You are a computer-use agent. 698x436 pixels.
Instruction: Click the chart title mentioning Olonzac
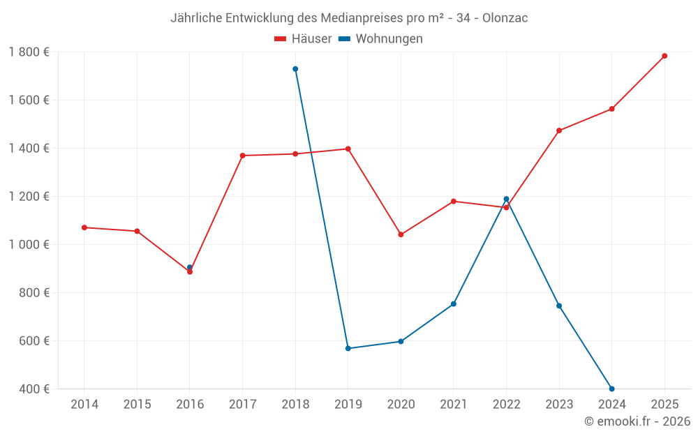click(x=349, y=18)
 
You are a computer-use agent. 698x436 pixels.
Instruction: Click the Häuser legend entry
click(x=303, y=39)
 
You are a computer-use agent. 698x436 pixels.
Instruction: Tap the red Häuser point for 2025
click(x=664, y=56)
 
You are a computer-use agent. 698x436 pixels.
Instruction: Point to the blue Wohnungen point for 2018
click(x=295, y=69)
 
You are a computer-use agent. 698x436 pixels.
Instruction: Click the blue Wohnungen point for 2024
click(x=611, y=389)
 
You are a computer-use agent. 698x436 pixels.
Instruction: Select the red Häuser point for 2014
click(x=84, y=227)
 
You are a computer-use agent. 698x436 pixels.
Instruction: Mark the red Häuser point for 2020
click(x=401, y=234)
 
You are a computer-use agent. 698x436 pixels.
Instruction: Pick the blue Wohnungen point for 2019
click(x=348, y=348)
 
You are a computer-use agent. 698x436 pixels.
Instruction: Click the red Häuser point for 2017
click(x=242, y=156)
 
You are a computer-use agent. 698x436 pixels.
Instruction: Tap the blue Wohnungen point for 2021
click(x=454, y=304)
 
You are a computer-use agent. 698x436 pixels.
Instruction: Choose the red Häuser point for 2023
click(x=559, y=130)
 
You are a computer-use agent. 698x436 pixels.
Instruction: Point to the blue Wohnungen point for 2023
click(x=559, y=306)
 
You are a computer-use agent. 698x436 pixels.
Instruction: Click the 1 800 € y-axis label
click(x=29, y=52)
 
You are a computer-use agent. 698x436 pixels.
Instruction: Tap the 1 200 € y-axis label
click(x=29, y=196)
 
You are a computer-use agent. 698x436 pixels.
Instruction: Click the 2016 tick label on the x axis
click(x=190, y=405)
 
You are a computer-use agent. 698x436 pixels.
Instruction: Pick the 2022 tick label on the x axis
click(x=506, y=405)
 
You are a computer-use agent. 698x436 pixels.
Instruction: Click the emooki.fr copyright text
click(x=637, y=421)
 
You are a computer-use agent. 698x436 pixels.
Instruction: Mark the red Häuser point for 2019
click(x=348, y=149)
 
